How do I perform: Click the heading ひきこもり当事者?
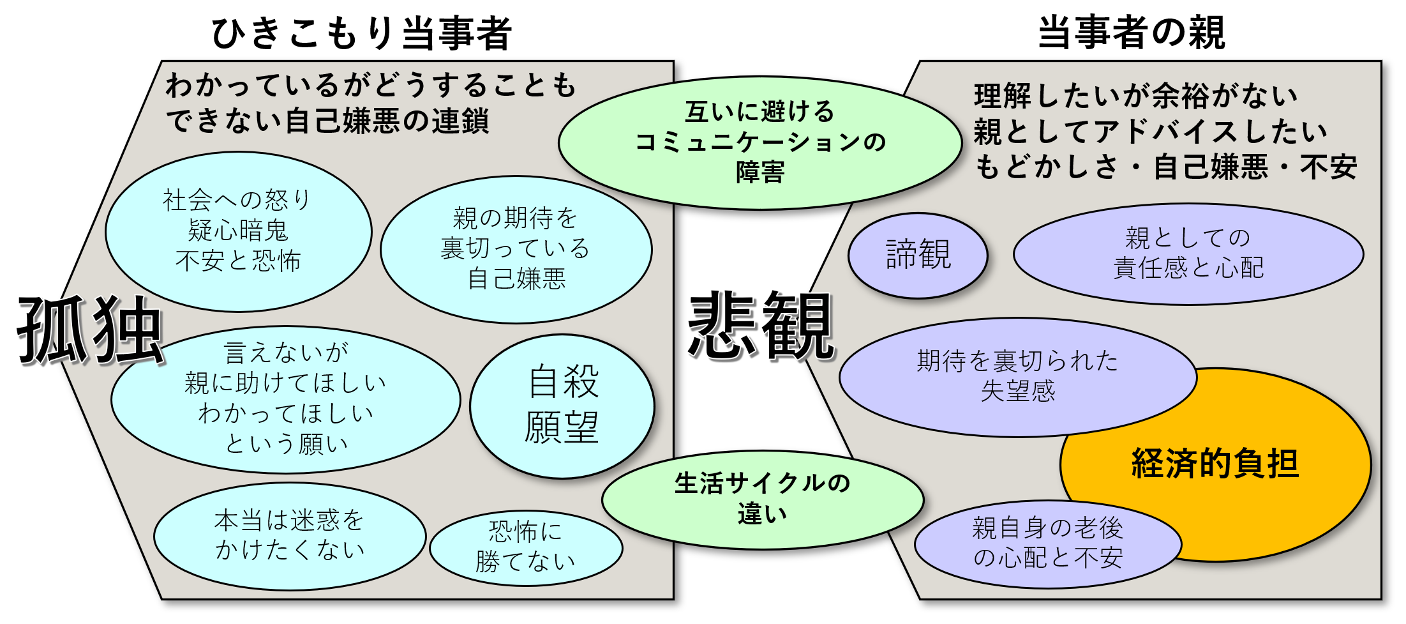[x=361, y=33]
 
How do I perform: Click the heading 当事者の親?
[x=1131, y=33]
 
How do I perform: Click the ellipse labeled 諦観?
[x=918, y=255]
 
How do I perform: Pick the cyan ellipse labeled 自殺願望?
[x=562, y=406]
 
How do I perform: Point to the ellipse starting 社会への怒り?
[x=238, y=231]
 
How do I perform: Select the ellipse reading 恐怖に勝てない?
[x=526, y=547]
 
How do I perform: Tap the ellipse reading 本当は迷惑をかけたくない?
[x=289, y=536]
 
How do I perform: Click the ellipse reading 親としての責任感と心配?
[x=1188, y=254]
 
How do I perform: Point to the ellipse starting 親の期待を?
[x=516, y=249]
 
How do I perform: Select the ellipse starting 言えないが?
[x=285, y=399]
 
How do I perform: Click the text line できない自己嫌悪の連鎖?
[x=327, y=121]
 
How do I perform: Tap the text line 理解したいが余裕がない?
[x=1135, y=96]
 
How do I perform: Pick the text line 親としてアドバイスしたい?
[x=1150, y=132]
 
